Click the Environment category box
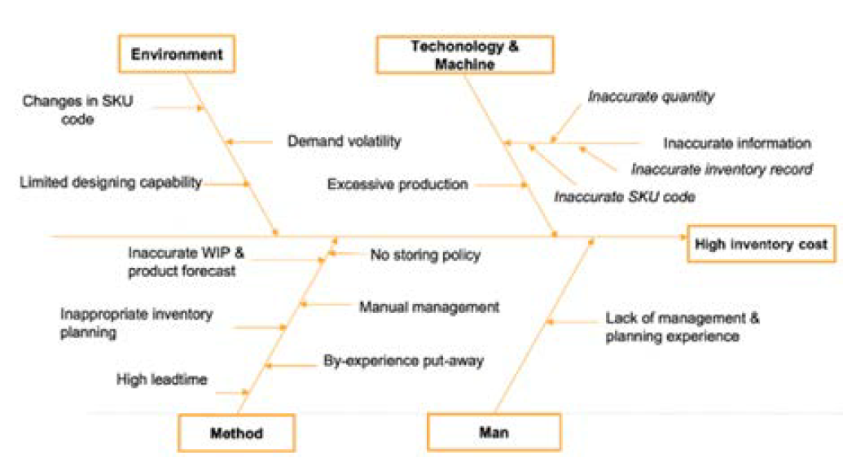(x=177, y=55)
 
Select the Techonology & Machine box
(x=463, y=55)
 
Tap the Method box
(x=237, y=433)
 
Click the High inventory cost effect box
(x=761, y=243)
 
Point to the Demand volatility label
(x=344, y=141)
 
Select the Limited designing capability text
(x=110, y=183)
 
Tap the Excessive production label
(x=397, y=184)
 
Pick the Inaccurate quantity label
(x=651, y=96)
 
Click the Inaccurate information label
(x=736, y=143)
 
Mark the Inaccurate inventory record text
(x=721, y=169)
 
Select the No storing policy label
(x=425, y=255)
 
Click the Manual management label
(x=428, y=306)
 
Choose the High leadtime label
(x=161, y=379)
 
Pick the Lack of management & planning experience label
(x=683, y=327)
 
